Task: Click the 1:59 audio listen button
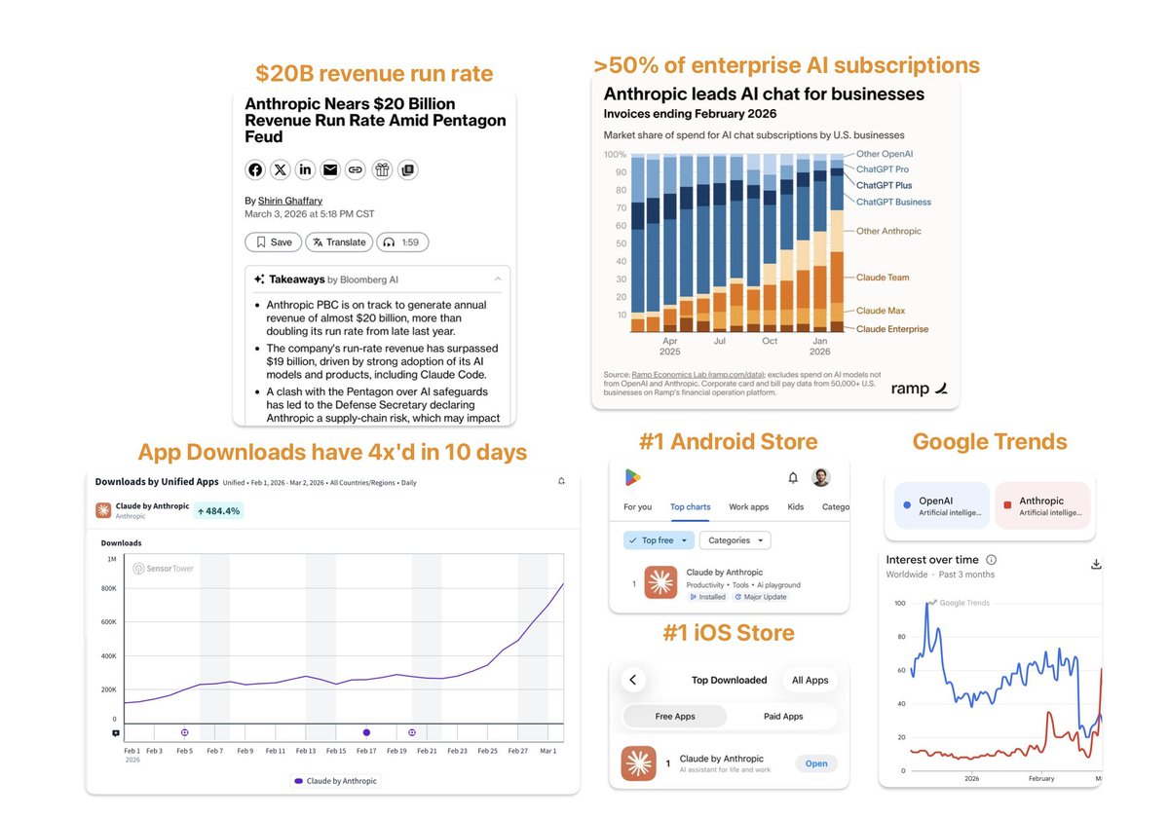click(x=403, y=242)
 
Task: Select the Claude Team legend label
click(x=883, y=278)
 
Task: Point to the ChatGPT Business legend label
click(x=893, y=202)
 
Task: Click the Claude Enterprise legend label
click(x=892, y=329)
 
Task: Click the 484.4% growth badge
click(x=218, y=510)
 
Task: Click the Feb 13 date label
click(x=306, y=751)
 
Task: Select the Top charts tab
click(x=690, y=507)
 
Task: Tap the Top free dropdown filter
click(x=660, y=540)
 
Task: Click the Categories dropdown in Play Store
click(x=735, y=540)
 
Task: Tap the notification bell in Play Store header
click(x=793, y=477)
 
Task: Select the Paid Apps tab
click(x=783, y=716)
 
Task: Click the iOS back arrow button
click(x=633, y=680)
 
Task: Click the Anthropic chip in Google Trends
click(x=1041, y=506)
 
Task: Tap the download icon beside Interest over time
click(x=1096, y=564)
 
